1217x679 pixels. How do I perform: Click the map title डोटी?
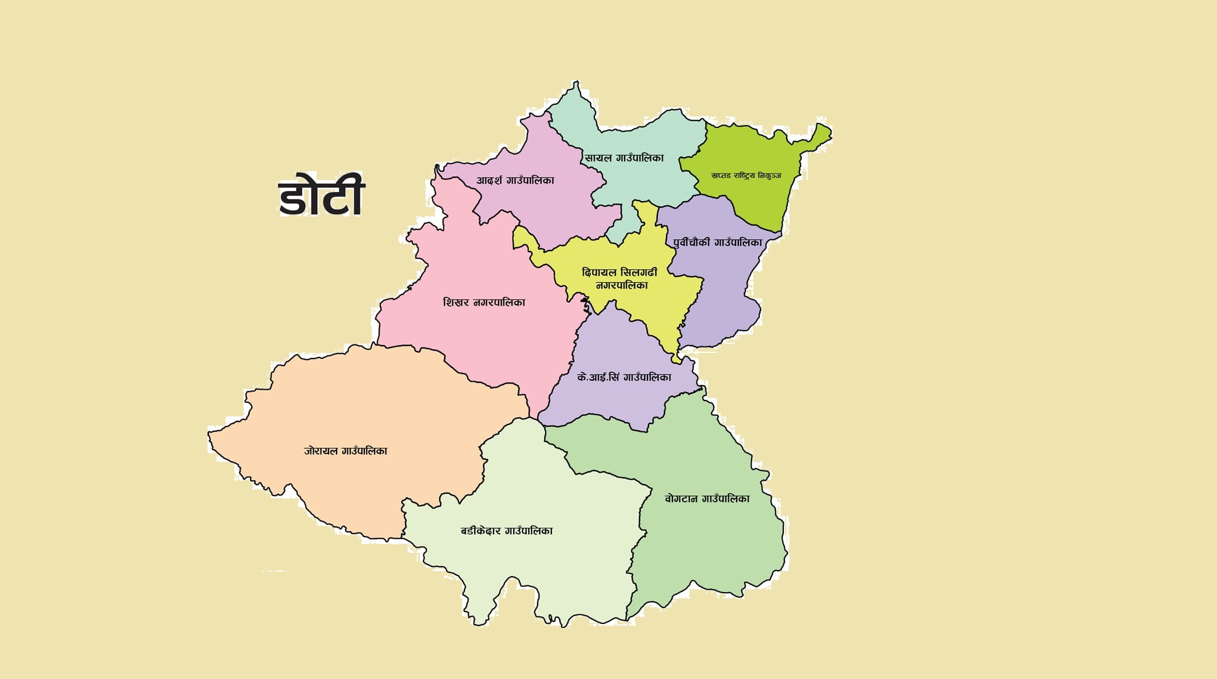[321, 195]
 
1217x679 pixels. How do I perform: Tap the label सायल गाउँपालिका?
[624, 158]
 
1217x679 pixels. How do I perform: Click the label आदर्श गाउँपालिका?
[515, 181]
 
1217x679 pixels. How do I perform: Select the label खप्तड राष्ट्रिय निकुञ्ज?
[746, 176]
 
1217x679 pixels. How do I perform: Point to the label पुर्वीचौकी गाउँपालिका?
[717, 243]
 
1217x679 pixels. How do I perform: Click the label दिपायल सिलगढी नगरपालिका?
[620, 278]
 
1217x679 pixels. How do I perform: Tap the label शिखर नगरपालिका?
[484, 302]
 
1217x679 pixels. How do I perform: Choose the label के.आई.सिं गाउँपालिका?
[624, 377]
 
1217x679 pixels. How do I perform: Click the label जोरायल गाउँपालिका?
[345, 451]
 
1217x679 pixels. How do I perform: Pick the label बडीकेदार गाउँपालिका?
[506, 531]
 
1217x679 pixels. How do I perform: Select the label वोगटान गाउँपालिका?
[707, 499]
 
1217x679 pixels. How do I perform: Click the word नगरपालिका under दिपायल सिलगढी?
[621, 285]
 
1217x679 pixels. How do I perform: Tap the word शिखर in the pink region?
[456, 302]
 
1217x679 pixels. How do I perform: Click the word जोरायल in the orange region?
[321, 451]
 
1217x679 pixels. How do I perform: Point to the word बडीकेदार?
[481, 531]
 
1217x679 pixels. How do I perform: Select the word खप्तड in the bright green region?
[721, 176]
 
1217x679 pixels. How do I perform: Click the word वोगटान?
[681, 499]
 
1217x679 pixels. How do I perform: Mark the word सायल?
[598, 158]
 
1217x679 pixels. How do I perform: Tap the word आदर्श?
[489, 181]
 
